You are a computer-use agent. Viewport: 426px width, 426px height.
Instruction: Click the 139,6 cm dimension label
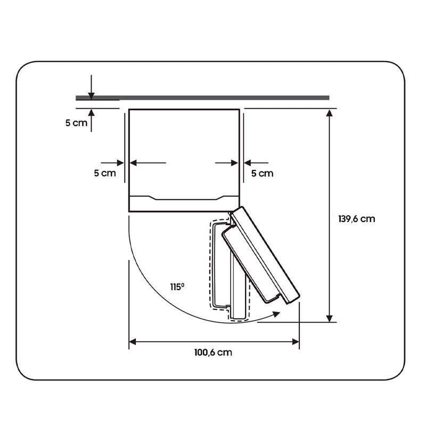point(356,219)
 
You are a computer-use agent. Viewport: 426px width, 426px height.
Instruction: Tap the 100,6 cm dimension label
point(214,353)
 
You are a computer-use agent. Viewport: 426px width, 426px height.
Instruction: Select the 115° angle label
point(177,287)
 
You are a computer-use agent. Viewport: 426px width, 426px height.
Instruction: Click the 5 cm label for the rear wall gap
point(76,123)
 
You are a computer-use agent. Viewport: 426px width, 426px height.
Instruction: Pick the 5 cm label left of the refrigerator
point(105,173)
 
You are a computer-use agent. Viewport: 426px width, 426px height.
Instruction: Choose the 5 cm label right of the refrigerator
point(262,174)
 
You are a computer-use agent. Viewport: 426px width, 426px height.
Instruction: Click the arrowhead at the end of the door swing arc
point(276,314)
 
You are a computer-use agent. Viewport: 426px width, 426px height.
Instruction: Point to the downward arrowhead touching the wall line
point(92,96)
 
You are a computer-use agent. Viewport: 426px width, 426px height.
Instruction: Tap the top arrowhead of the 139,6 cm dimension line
point(330,113)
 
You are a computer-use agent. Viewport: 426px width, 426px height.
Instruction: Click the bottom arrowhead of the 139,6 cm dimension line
point(330,318)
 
